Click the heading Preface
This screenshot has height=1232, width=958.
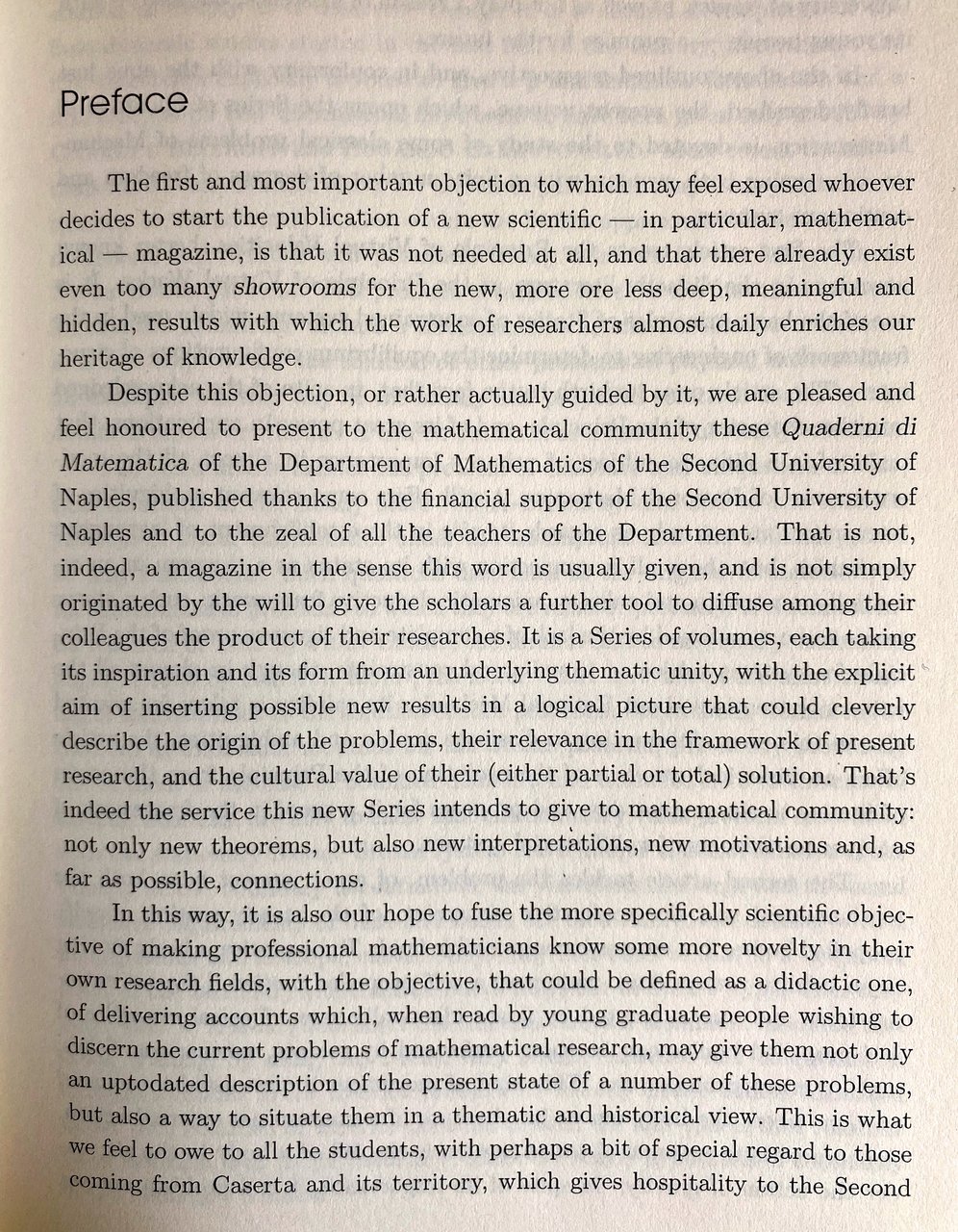click(x=123, y=102)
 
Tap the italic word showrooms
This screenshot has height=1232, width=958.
click(x=282, y=288)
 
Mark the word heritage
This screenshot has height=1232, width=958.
click(x=104, y=358)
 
